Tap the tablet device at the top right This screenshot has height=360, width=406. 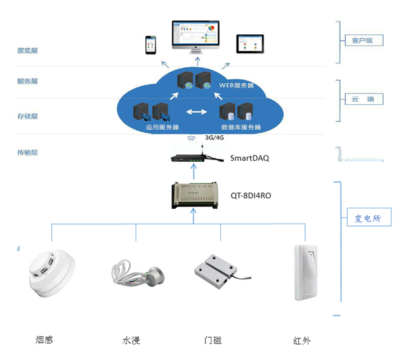pos(249,44)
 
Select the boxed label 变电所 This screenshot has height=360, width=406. pos(369,218)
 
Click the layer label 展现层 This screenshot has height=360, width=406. pos(27,50)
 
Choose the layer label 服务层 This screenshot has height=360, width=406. pos(27,81)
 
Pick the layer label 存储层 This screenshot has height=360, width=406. pos(27,116)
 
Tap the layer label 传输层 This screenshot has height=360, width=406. pos(27,152)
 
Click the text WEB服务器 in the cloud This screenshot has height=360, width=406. pos(237,84)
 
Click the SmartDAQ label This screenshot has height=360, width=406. pos(249,158)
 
